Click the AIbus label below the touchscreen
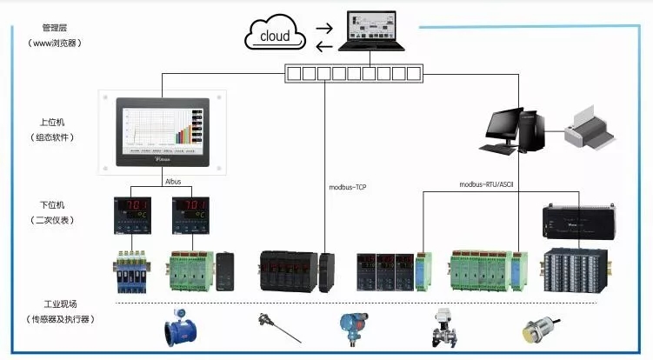[173, 182]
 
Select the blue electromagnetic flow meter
[184, 330]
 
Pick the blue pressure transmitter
[352, 327]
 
